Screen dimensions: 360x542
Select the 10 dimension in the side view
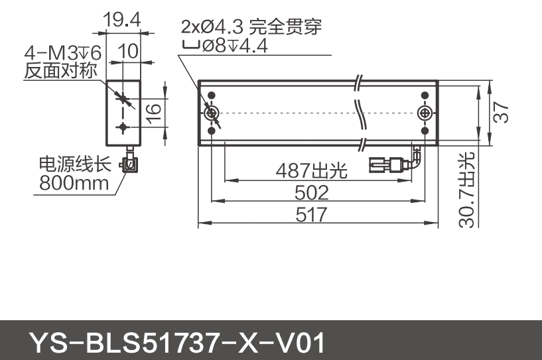130,51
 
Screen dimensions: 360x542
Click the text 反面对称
61,70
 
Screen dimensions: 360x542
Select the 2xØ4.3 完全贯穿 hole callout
251,27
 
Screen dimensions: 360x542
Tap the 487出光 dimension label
312,171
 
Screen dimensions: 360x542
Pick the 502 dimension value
311,193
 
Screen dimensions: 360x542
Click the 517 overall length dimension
311,215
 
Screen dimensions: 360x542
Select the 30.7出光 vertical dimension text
467,190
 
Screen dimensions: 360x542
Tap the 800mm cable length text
74,182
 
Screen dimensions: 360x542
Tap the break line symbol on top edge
358,82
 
